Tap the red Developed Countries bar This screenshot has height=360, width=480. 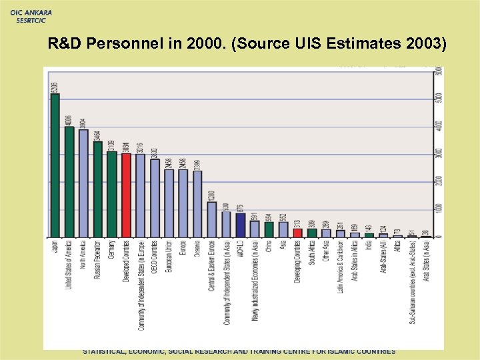tap(126, 195)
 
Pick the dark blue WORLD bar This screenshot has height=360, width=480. tap(240, 225)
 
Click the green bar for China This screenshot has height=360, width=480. tap(269, 229)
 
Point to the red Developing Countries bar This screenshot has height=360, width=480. tap(297, 233)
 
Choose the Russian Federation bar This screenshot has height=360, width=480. tap(97, 189)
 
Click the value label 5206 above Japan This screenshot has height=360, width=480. tap(55, 87)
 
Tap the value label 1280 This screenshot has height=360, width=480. tap(211, 195)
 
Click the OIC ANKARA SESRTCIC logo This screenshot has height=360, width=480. tap(31, 15)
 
